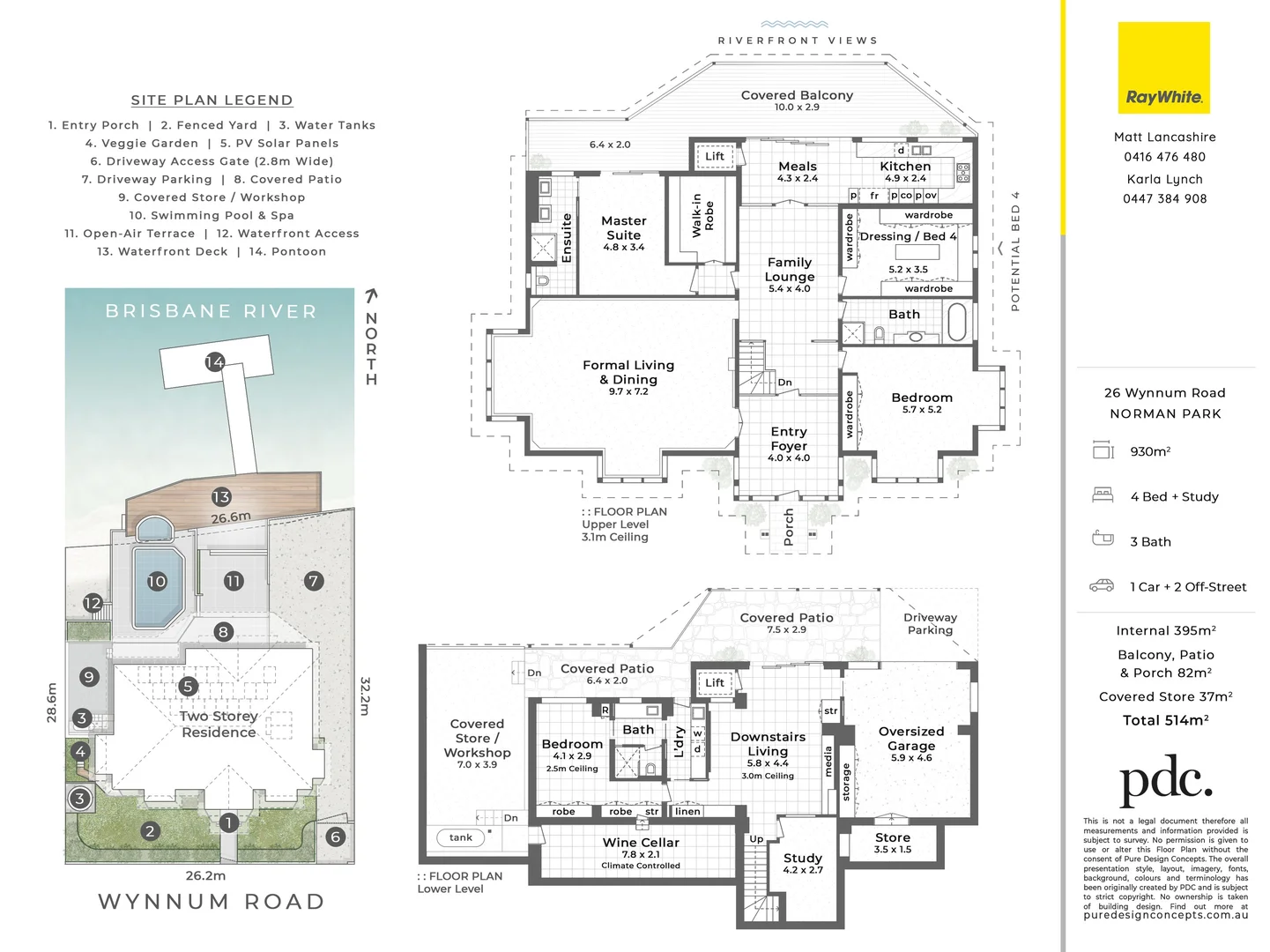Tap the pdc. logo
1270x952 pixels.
[x=1165, y=779]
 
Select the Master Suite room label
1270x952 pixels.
[x=623, y=228]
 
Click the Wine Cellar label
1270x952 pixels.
[x=641, y=844]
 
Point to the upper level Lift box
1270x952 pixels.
[x=715, y=157]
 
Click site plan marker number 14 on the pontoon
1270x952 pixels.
[x=214, y=361]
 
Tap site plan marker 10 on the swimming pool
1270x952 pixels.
[x=157, y=581]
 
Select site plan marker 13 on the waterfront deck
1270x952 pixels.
[x=220, y=497]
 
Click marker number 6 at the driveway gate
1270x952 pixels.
[x=335, y=837]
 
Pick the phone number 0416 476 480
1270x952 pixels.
[x=1164, y=157]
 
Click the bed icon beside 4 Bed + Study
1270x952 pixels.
[x=1103, y=495]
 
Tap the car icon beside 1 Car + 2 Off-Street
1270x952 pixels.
[x=1102, y=585]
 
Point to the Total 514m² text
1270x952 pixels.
[x=1165, y=720]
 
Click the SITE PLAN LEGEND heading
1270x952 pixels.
[x=212, y=100]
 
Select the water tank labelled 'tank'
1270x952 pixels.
[x=461, y=837]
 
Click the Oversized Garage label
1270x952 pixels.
[x=911, y=739]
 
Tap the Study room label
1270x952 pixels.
[x=803, y=859]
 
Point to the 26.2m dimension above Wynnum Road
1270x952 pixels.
[x=205, y=875]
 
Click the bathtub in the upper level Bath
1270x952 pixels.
[x=956, y=322]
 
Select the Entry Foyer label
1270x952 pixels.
[x=789, y=439]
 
